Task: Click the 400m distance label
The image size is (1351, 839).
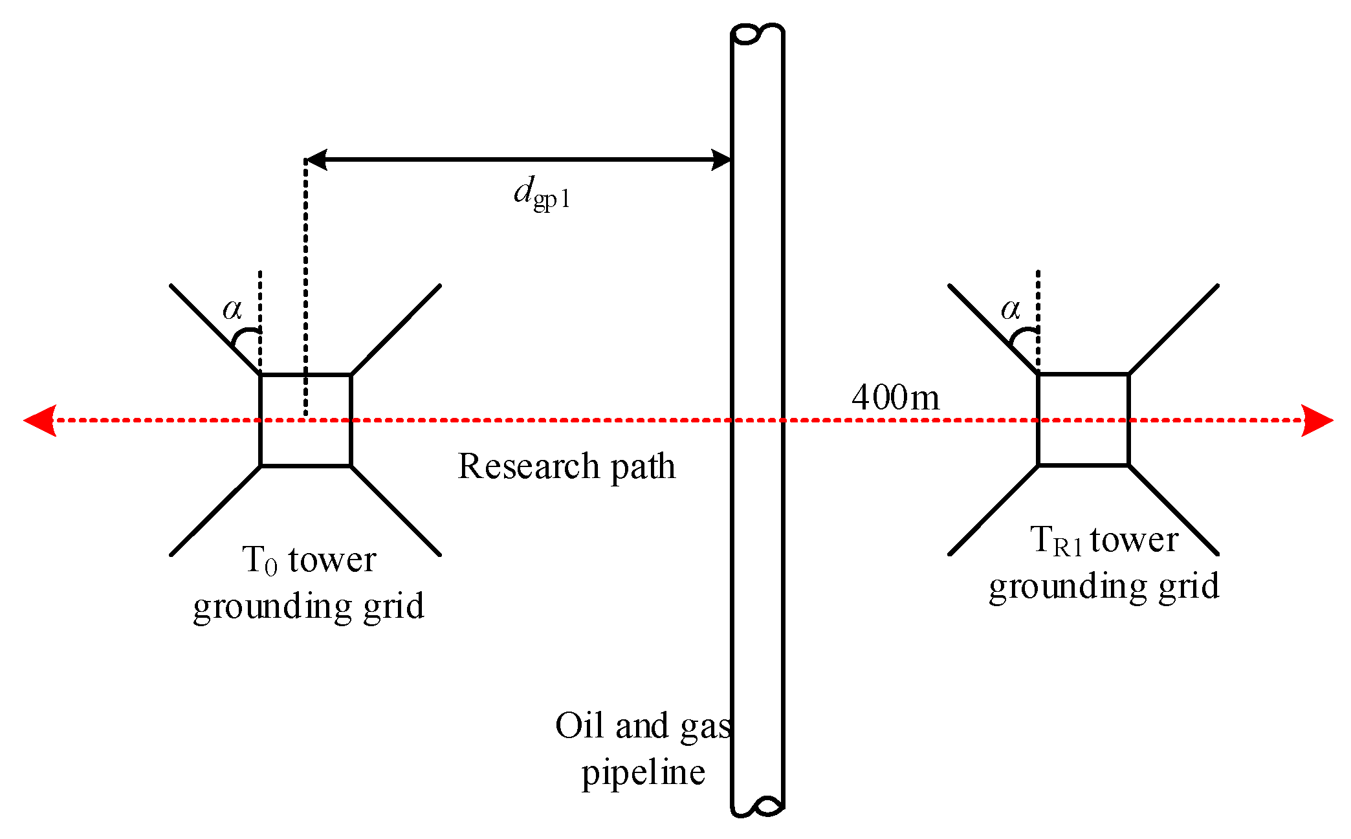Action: click(x=895, y=397)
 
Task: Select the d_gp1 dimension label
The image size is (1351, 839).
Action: click(x=542, y=193)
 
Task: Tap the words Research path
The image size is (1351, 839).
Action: click(x=566, y=466)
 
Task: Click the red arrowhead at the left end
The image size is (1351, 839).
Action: click(x=40, y=420)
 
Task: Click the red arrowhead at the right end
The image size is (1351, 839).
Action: click(x=1317, y=420)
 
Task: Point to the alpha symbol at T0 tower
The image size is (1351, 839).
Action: click(x=232, y=309)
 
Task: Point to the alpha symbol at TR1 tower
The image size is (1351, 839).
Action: click(x=1010, y=309)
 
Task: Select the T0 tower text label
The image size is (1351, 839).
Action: click(x=309, y=560)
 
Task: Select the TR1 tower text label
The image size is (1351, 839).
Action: click(x=1104, y=540)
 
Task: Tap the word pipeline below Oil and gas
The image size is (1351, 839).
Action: click(x=643, y=772)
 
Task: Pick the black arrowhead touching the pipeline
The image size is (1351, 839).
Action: click(x=721, y=159)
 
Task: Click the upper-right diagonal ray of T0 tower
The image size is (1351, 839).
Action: click(x=396, y=329)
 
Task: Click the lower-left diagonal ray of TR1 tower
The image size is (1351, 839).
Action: click(x=993, y=510)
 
